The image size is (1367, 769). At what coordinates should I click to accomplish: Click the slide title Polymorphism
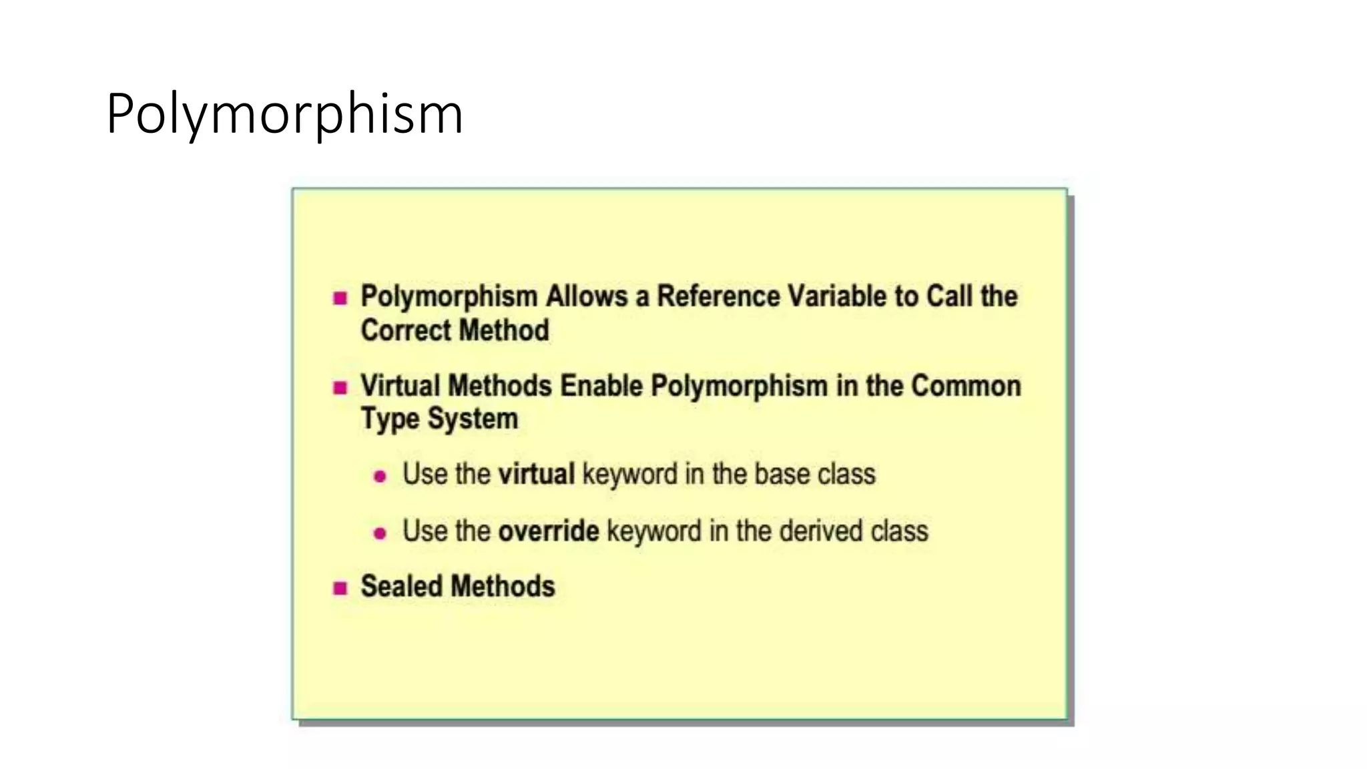coord(284,114)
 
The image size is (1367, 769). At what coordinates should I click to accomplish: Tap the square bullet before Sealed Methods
coord(340,588)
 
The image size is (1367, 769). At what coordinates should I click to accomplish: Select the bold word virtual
coord(536,474)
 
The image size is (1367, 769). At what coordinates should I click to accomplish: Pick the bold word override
coord(549,531)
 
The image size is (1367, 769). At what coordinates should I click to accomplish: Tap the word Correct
coord(406,330)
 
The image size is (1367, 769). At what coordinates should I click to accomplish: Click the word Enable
coord(601,386)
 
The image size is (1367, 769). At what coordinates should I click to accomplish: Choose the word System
coord(473,419)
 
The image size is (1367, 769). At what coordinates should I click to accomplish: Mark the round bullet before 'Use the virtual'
coord(380,476)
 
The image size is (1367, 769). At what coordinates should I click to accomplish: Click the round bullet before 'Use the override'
coord(380,533)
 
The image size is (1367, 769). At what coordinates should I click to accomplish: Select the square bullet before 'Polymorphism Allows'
coord(340,298)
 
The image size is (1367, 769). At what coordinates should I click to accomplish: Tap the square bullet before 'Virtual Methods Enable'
coord(340,387)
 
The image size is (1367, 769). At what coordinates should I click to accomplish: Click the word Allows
coord(587,296)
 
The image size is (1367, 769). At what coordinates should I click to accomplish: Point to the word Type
coord(390,419)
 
